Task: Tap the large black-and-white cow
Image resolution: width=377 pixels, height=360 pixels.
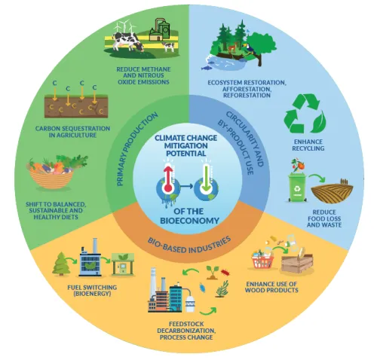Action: tap(127, 41)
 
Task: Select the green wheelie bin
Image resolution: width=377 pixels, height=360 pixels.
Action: tap(298, 187)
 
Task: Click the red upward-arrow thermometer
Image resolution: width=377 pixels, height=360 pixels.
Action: tap(169, 178)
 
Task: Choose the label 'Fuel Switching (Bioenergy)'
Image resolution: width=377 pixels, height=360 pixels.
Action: tap(92, 290)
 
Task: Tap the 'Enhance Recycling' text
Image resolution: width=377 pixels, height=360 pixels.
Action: tap(308, 145)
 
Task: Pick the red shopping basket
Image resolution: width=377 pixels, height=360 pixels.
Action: tap(262, 260)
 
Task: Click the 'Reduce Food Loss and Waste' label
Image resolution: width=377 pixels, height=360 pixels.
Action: tap(324, 218)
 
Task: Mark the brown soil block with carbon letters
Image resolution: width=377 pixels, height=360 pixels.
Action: tap(76, 106)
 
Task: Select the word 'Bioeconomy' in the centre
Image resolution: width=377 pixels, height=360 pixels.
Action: tap(190, 221)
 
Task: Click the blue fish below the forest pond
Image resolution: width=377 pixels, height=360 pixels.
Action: tap(206, 68)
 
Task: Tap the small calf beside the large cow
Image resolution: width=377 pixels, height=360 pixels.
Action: tap(168, 47)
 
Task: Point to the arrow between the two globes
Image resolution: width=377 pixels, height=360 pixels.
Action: tap(186, 186)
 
